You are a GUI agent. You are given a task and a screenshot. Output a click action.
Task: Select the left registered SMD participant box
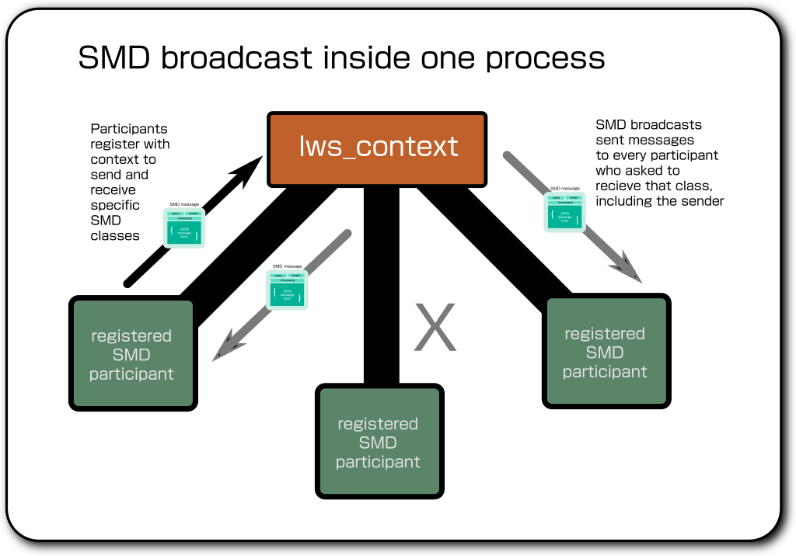click(x=131, y=354)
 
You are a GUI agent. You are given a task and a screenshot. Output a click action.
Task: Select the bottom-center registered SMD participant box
click(x=379, y=443)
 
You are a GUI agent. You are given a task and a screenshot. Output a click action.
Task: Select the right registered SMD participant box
click(x=605, y=352)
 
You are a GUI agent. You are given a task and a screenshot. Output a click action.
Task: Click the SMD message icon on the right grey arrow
click(x=564, y=210)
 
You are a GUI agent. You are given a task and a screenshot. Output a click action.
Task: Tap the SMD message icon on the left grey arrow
click(x=287, y=290)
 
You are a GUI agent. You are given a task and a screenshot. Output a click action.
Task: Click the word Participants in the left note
click(x=129, y=129)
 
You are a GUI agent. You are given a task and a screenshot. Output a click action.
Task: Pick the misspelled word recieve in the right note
click(x=619, y=186)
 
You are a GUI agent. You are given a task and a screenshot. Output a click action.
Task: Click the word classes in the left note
click(x=115, y=236)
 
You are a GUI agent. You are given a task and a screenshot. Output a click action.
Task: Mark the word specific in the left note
click(x=115, y=205)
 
